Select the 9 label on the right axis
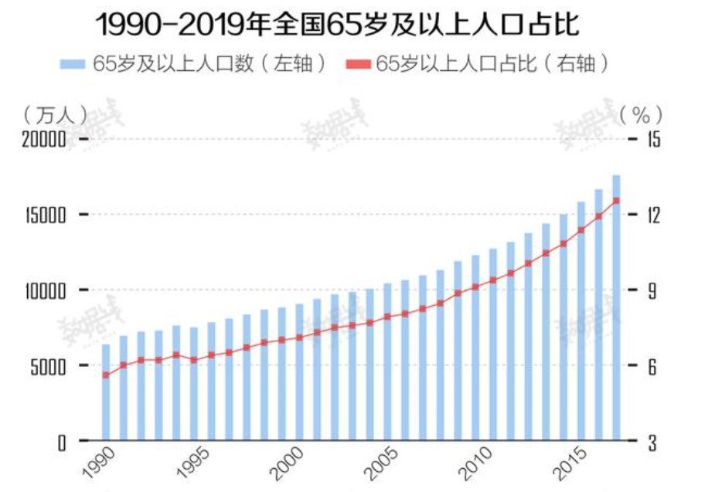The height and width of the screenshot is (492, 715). (652, 291)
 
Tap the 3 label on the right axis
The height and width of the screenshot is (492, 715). (652, 443)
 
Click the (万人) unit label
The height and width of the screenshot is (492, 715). (52, 114)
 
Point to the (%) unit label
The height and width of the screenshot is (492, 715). (641, 114)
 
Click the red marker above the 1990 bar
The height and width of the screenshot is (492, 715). (106, 375)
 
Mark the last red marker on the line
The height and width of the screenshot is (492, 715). (616, 200)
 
